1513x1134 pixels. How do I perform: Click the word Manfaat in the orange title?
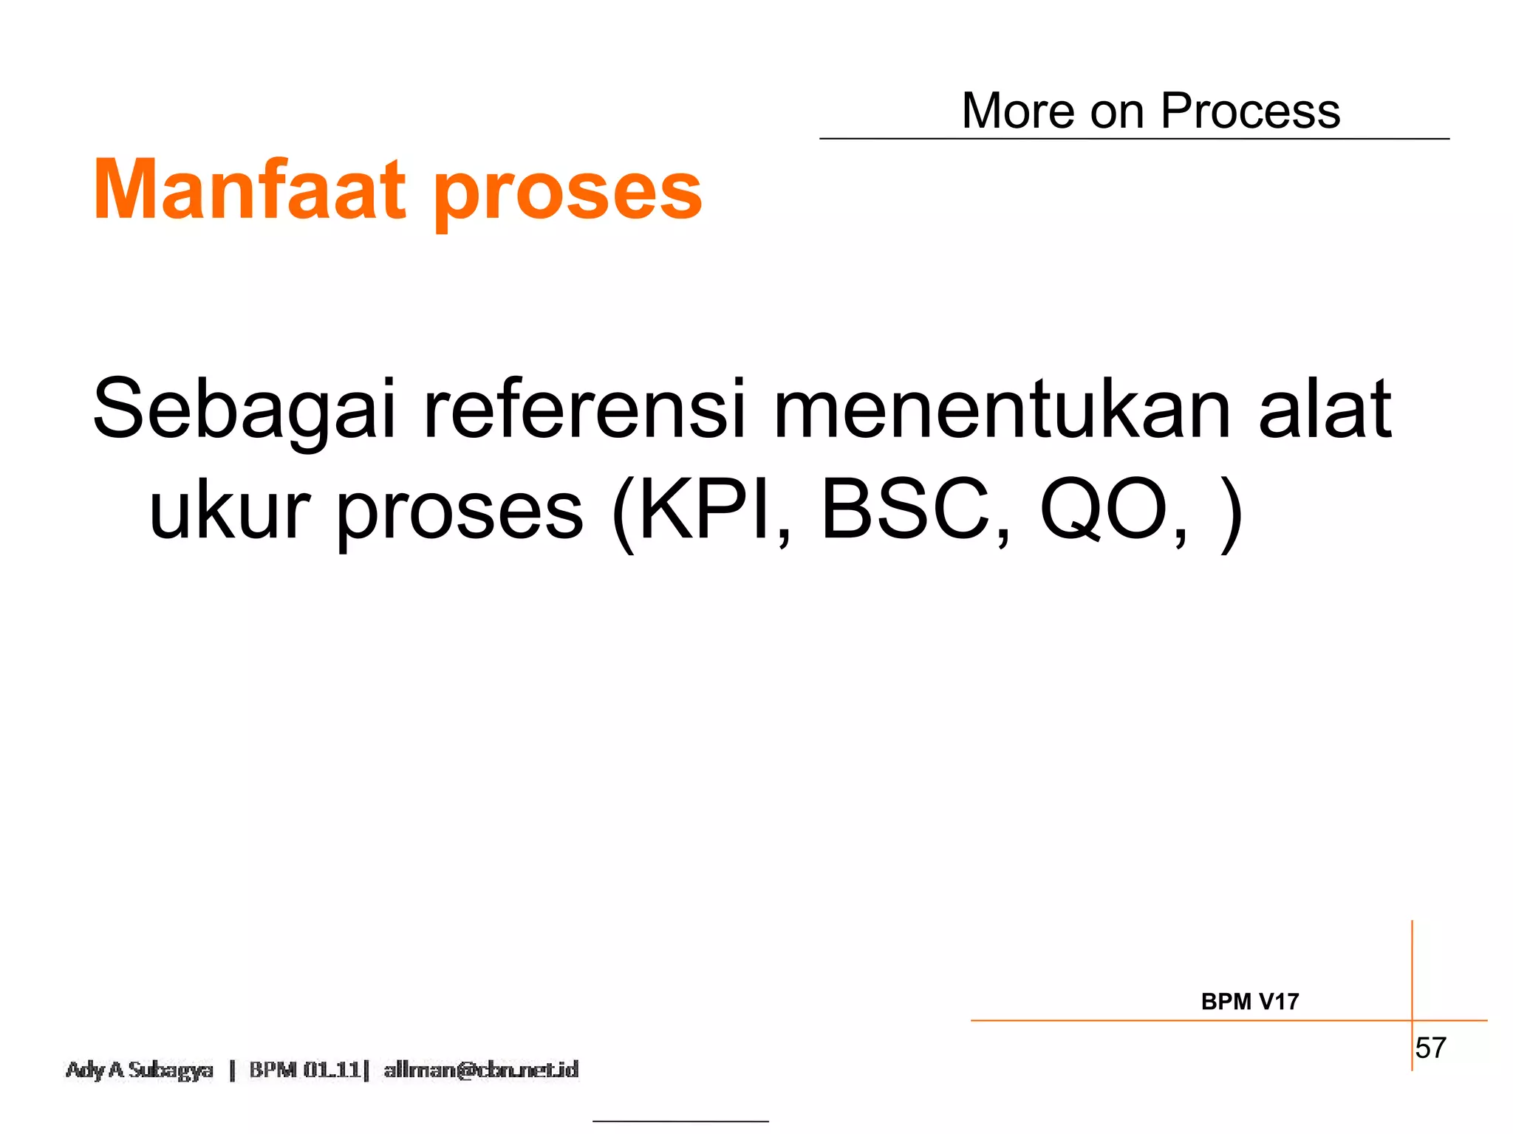[250, 190]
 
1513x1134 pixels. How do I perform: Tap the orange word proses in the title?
[567, 193]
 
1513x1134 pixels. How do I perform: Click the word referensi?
[584, 409]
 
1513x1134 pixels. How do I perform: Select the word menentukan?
[1001, 409]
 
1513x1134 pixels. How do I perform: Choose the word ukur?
[230, 509]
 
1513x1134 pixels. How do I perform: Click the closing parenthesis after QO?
[1230, 512]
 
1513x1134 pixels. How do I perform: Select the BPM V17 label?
[1249, 1002]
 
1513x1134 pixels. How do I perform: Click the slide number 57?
[1430, 1048]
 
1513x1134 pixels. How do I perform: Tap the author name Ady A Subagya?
[139, 1070]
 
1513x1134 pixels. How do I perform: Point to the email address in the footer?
[481, 1070]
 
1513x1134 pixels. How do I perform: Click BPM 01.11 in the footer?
[304, 1070]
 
